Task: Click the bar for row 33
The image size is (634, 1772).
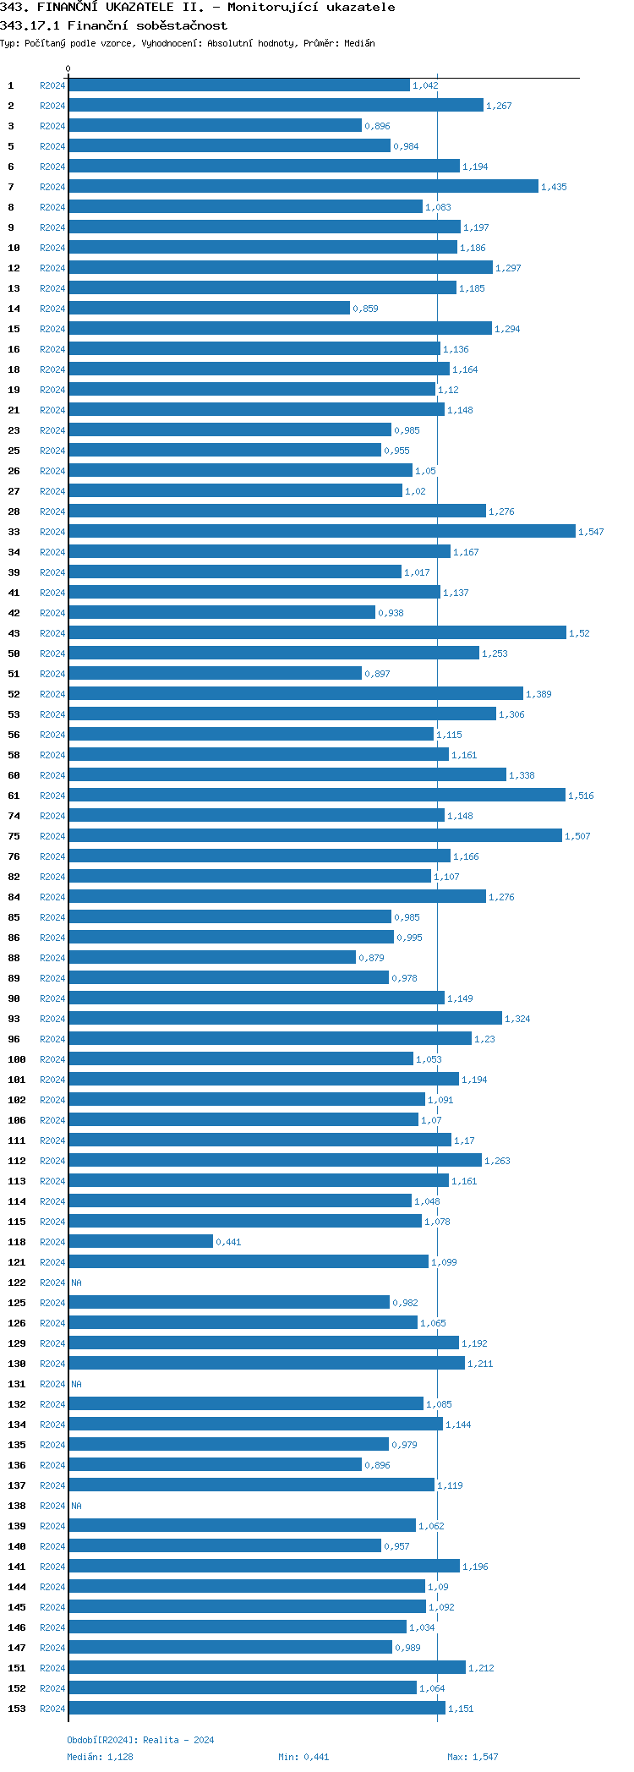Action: click(x=321, y=531)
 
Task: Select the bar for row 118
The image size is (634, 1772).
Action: click(x=140, y=1241)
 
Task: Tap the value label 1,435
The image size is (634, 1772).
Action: click(x=554, y=187)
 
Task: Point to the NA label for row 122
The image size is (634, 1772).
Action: click(x=76, y=1283)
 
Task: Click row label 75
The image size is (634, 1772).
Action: click(x=14, y=836)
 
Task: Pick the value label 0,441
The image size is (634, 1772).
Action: click(x=228, y=1242)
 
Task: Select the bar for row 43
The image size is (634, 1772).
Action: click(x=317, y=632)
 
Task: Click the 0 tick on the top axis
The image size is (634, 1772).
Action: click(x=68, y=69)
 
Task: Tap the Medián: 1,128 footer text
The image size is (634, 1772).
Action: click(x=100, y=1757)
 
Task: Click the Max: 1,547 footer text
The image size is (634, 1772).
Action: click(x=473, y=1757)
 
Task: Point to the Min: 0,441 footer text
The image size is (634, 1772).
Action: click(x=303, y=1757)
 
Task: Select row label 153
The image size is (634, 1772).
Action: click(x=17, y=1709)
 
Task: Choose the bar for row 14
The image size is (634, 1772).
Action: click(x=209, y=308)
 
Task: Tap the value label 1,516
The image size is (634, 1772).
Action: click(x=581, y=796)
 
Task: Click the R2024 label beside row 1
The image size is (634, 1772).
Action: click(x=52, y=85)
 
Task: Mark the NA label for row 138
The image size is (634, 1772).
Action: click(x=76, y=1506)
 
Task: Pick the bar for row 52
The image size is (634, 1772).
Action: click(x=296, y=693)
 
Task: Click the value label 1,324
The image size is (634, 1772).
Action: click(x=517, y=1019)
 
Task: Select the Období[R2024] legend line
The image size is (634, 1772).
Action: click(x=140, y=1740)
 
